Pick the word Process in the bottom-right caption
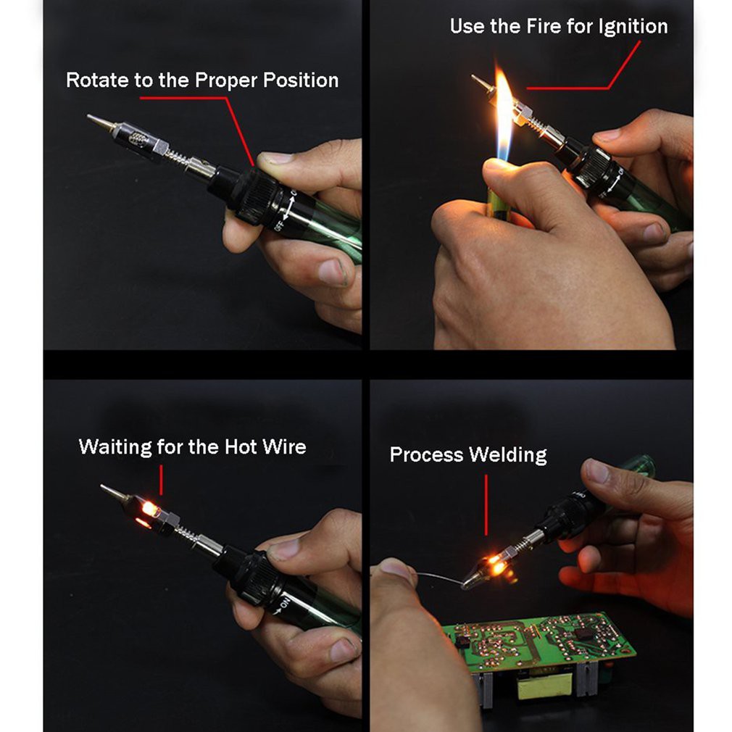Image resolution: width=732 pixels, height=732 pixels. [x=426, y=455]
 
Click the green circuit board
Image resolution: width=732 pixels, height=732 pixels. [x=537, y=642]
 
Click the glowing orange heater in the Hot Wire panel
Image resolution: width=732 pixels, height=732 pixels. [x=149, y=510]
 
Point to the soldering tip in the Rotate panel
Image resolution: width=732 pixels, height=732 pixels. [x=99, y=122]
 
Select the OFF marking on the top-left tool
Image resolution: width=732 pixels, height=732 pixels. [x=280, y=225]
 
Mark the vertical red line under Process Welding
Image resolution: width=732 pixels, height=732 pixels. [x=486, y=505]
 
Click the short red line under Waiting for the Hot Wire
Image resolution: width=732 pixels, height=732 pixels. [x=161, y=480]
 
